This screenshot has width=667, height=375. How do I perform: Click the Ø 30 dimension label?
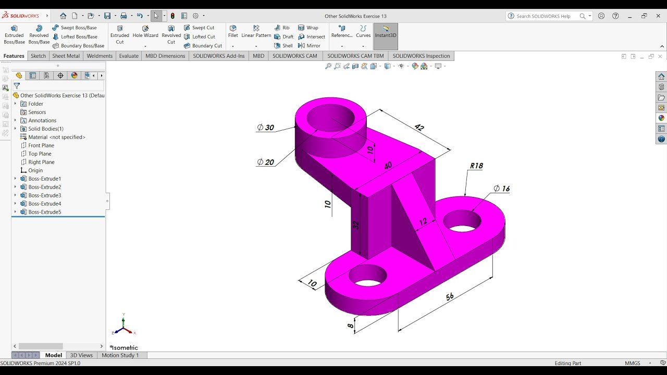click(x=266, y=128)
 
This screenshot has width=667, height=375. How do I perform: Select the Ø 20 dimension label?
click(x=266, y=162)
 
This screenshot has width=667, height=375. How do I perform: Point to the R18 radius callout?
click(x=476, y=166)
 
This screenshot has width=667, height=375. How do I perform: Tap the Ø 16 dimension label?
click(x=501, y=189)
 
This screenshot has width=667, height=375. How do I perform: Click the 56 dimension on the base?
click(x=449, y=296)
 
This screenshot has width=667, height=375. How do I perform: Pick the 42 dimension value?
click(x=419, y=127)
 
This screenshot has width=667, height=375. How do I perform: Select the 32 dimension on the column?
click(x=356, y=225)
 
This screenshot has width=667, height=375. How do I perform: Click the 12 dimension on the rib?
click(x=423, y=222)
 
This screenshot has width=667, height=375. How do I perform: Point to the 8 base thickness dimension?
click(x=351, y=326)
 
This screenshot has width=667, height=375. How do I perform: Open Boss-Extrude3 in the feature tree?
click(x=44, y=195)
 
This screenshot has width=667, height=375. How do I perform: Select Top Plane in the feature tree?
click(x=40, y=154)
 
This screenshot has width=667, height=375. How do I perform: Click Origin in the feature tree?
click(x=35, y=170)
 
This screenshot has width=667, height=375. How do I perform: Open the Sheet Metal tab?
click(x=66, y=56)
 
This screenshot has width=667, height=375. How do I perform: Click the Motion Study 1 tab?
click(x=120, y=355)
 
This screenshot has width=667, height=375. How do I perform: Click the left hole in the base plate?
click(x=367, y=275)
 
